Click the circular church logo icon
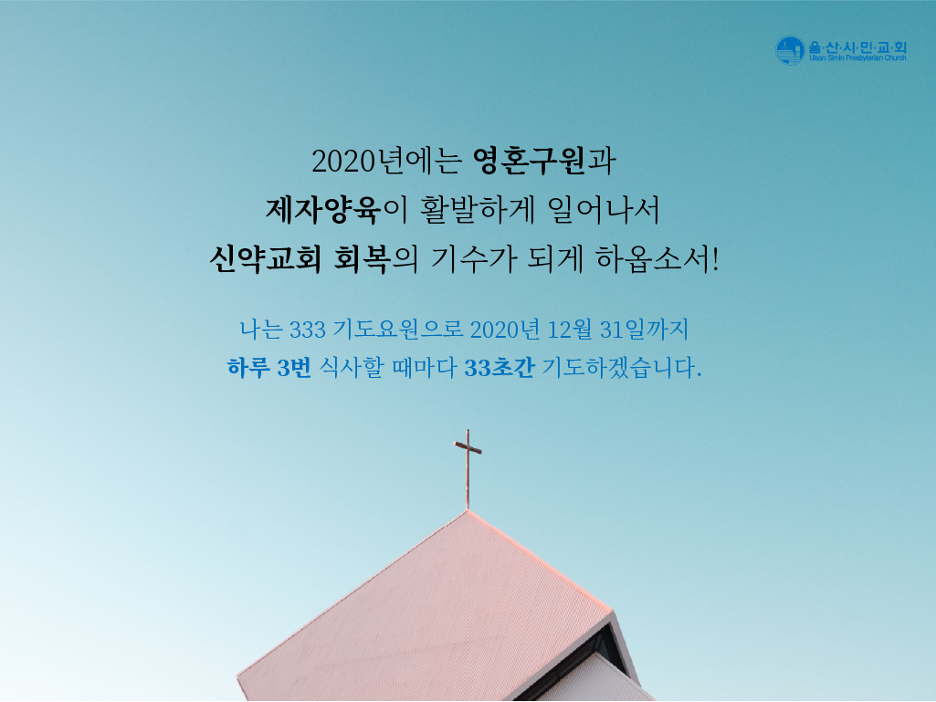[x=790, y=50]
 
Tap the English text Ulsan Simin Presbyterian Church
[x=857, y=58]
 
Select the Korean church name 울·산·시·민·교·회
[x=857, y=47]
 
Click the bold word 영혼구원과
[x=544, y=161]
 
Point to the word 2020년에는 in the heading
[x=387, y=162]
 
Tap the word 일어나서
[x=604, y=210]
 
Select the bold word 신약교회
[x=265, y=259]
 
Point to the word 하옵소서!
[x=657, y=259]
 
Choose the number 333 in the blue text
[x=308, y=330]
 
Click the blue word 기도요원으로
[x=398, y=330]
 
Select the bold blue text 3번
[x=294, y=368]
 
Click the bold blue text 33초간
[x=500, y=368]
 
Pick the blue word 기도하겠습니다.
[x=622, y=368]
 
